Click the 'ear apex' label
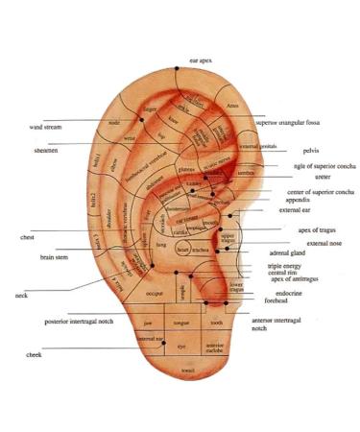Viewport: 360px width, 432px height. coord(201,60)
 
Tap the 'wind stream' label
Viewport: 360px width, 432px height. coord(46,126)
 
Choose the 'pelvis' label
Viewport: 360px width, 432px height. coord(310,151)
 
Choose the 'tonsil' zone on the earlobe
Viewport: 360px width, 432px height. coord(187,369)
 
